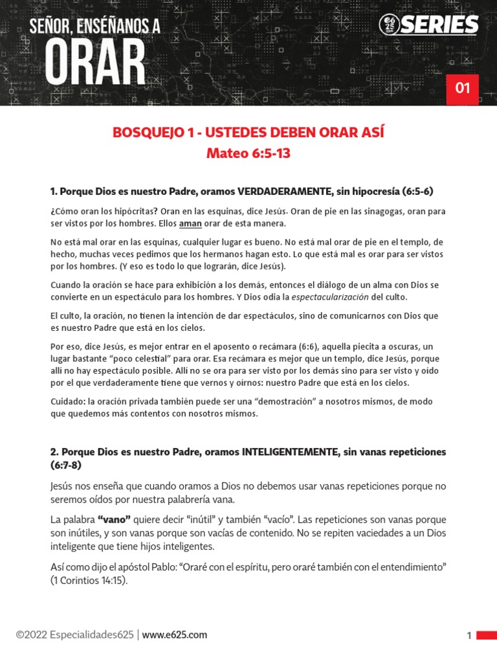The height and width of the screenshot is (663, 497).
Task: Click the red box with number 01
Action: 462,89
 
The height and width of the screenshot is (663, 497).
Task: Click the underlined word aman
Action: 190,223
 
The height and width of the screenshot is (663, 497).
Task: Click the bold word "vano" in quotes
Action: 114,519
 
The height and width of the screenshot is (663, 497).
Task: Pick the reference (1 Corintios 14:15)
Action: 89,580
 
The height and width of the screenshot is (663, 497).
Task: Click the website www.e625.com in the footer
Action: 175,635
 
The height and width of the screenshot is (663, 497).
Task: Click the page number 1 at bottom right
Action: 469,636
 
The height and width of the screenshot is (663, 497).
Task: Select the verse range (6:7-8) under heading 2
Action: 66,465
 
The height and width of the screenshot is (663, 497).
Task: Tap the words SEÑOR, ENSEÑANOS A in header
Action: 95,27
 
